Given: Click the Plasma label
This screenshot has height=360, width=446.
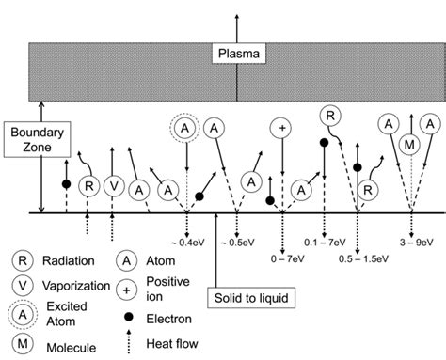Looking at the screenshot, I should [x=235, y=55].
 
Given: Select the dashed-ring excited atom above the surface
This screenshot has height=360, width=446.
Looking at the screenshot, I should [x=185, y=127].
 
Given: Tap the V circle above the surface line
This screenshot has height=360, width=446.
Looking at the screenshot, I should [x=113, y=185].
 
